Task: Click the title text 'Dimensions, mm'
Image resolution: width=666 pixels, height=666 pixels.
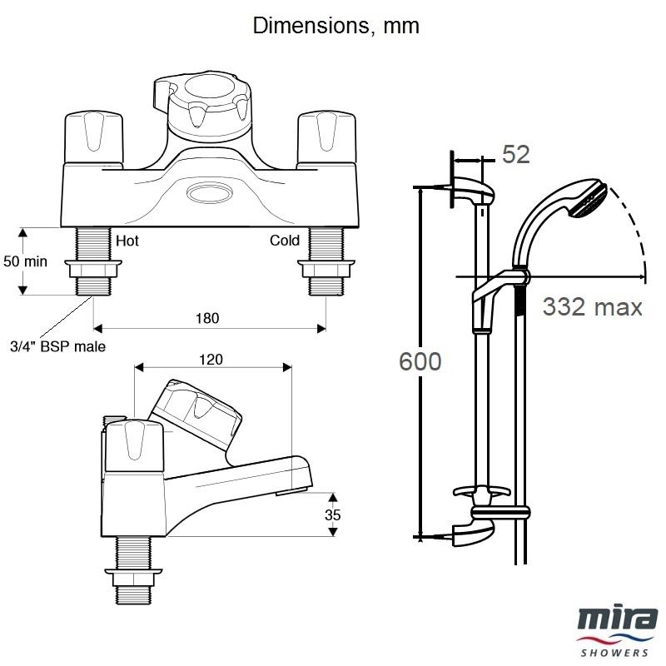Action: coord(335,26)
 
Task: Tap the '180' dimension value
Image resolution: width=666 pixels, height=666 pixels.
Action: coord(208,318)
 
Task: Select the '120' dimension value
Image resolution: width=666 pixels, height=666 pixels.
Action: coord(212,360)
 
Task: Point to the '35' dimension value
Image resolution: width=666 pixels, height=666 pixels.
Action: coord(333,514)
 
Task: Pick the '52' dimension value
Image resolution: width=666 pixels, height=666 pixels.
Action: coord(516,154)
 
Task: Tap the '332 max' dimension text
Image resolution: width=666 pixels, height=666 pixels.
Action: coord(593,306)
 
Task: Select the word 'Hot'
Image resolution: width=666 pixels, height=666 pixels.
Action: coord(127,241)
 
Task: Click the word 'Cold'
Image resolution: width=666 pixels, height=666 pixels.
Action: coord(284,241)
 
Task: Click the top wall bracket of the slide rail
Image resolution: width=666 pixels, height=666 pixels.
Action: coord(471,187)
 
